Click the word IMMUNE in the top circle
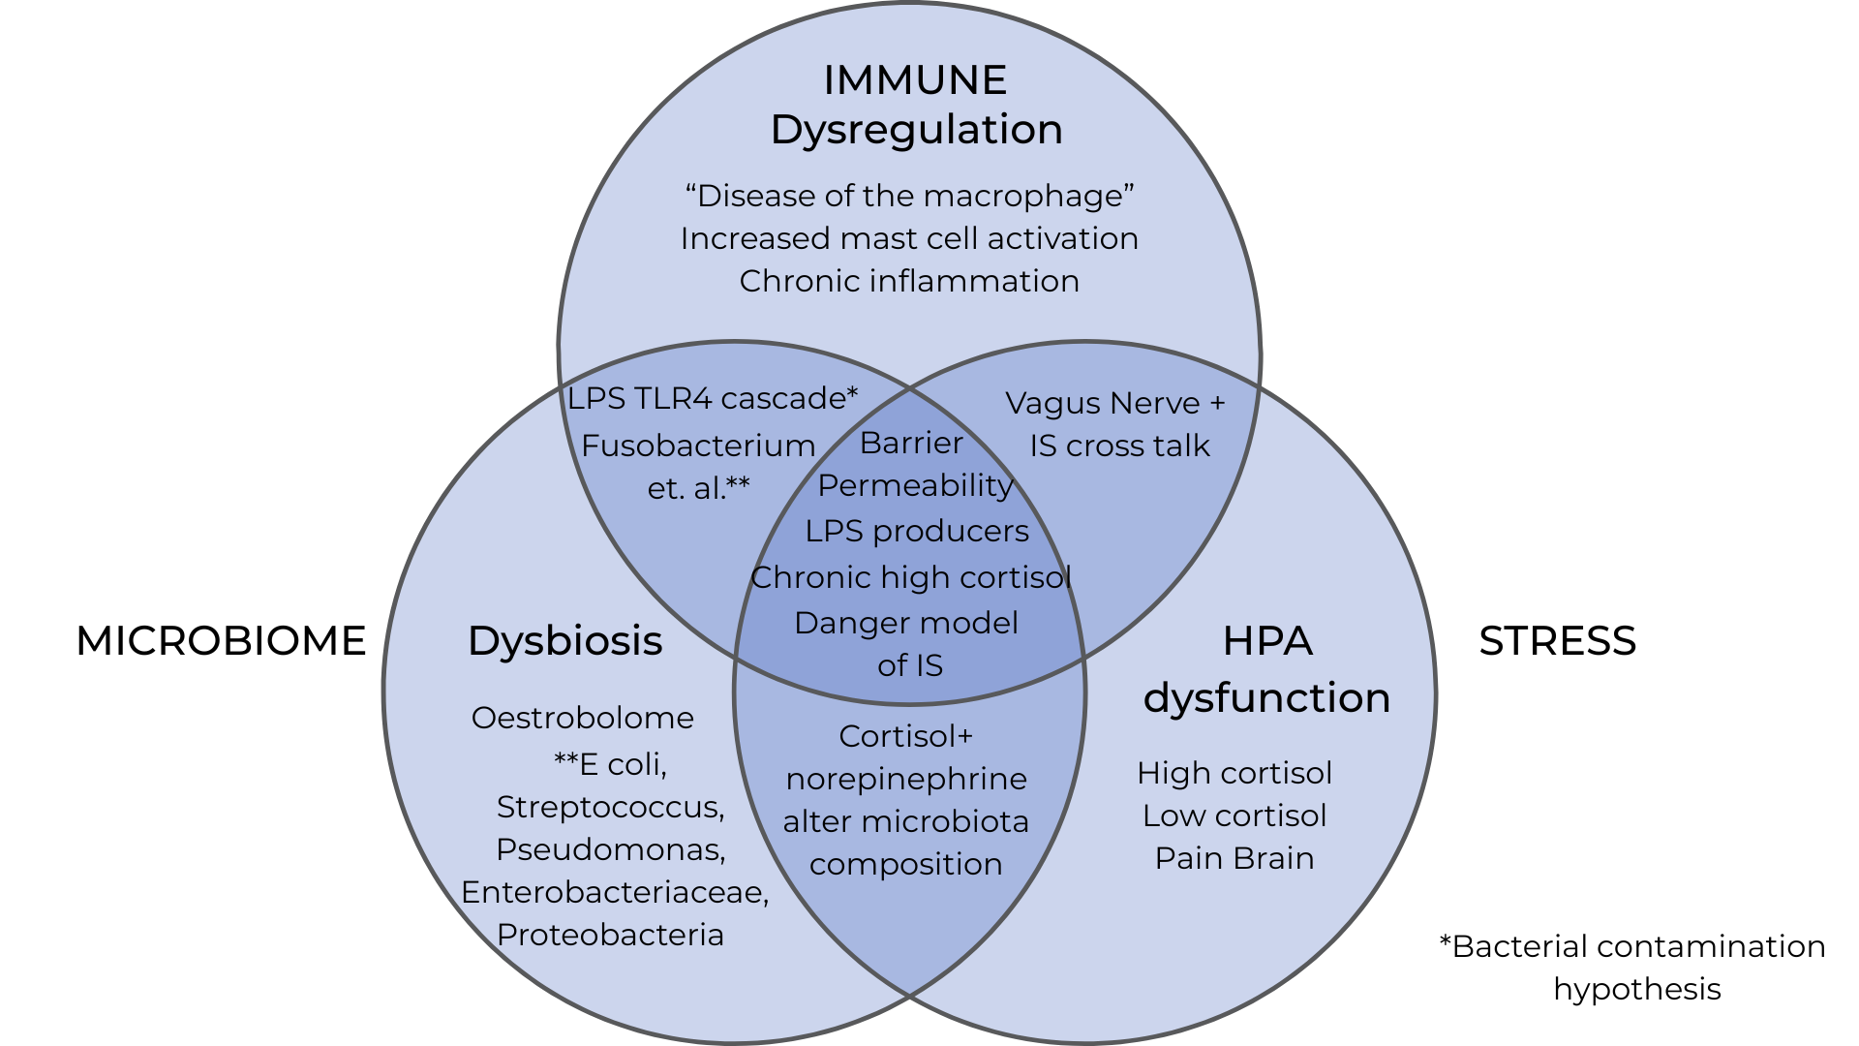(x=915, y=80)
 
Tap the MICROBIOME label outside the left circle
(x=221, y=641)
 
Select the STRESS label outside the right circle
(x=1557, y=641)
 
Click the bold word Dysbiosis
(x=564, y=641)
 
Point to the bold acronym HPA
(x=1266, y=641)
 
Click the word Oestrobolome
(x=582, y=718)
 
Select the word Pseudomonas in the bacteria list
(x=609, y=849)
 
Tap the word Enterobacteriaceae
(x=614, y=892)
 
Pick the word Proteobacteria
(x=610, y=935)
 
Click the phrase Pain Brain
(x=1234, y=858)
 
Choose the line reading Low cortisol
(x=1234, y=815)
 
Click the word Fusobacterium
(x=698, y=446)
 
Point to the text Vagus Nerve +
(x=1114, y=403)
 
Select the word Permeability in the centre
(x=915, y=485)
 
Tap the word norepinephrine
(x=905, y=779)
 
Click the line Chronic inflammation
(x=908, y=281)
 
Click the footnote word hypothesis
(x=1636, y=989)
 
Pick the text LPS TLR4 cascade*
(x=712, y=398)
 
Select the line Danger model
(x=905, y=623)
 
